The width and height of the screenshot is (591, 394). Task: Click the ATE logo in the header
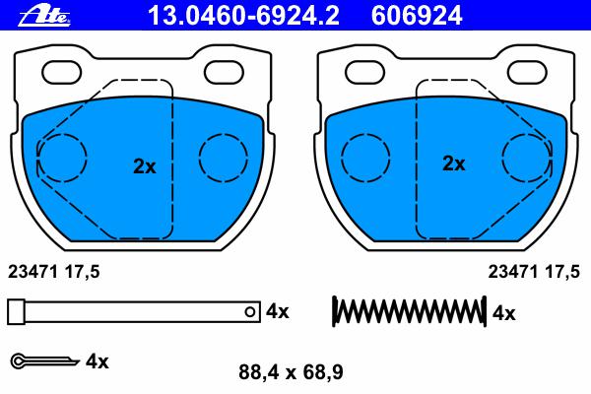(44, 16)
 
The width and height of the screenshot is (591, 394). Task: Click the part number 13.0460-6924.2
(243, 16)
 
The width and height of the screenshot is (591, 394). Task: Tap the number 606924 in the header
(417, 16)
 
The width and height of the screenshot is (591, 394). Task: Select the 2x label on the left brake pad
(145, 166)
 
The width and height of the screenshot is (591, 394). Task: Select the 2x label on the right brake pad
(454, 164)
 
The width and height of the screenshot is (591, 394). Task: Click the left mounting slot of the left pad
(61, 72)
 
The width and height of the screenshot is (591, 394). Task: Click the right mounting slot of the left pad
(224, 72)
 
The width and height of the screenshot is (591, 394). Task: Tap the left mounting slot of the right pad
(365, 72)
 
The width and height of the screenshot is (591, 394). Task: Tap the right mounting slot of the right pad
(527, 72)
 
